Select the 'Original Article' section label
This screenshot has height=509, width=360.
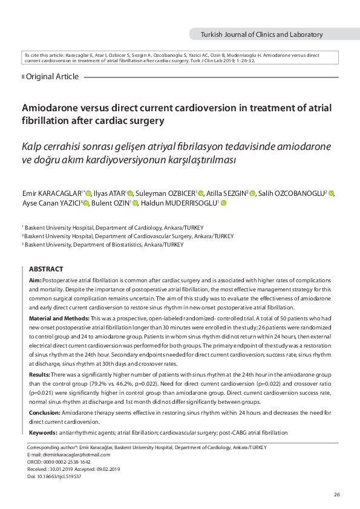coord(53,76)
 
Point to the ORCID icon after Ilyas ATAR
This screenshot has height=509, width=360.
coord(129,193)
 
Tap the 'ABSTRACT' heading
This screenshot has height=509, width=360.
coord(46,269)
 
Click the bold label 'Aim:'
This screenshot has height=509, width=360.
coord(35,281)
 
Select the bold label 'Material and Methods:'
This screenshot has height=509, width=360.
coord(59,318)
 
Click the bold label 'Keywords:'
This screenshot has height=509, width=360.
coord(44,433)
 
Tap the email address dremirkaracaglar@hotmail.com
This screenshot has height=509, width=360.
coord(64,454)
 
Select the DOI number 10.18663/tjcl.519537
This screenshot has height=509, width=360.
coord(59,476)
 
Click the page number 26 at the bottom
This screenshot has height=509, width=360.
coord(336,495)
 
